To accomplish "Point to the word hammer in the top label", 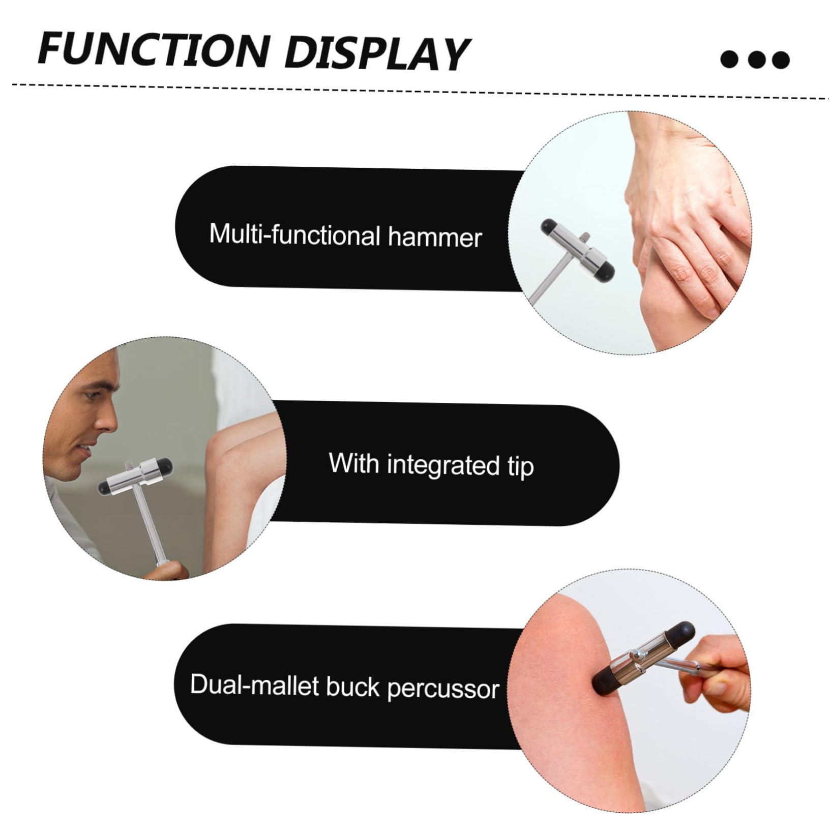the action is [435, 238].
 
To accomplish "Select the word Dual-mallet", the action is [255, 685].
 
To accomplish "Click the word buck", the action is [352, 687].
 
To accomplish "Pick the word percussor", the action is [443, 690].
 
